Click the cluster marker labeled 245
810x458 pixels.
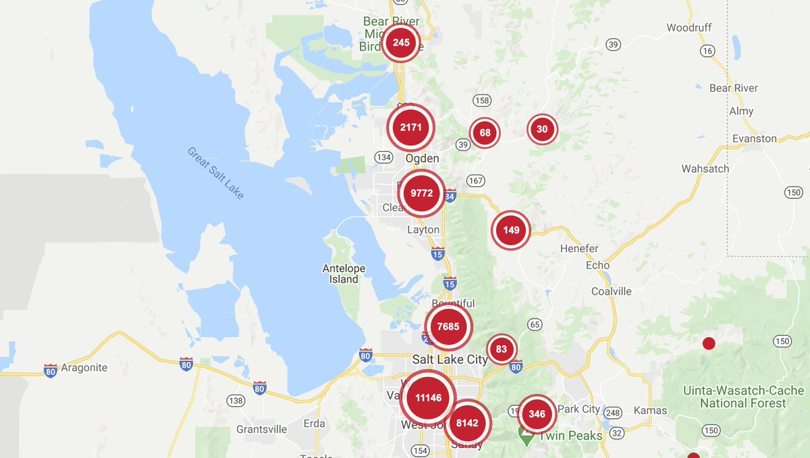(x=401, y=43)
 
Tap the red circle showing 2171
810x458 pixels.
(x=410, y=127)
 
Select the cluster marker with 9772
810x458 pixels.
(x=422, y=194)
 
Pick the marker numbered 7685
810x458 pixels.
(x=448, y=327)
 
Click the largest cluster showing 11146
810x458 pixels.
(x=429, y=398)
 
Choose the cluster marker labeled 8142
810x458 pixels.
(x=467, y=423)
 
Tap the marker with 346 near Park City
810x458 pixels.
(x=537, y=414)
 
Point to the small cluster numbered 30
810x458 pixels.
(x=542, y=130)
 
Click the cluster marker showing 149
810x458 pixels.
(x=511, y=231)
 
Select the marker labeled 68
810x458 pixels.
(x=485, y=133)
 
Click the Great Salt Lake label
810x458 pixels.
(x=216, y=173)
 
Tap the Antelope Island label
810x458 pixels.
(x=344, y=274)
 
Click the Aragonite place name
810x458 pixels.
(x=84, y=368)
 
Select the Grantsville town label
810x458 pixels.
(x=262, y=430)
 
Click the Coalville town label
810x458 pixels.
(x=612, y=291)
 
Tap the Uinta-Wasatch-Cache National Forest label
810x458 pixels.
(x=743, y=397)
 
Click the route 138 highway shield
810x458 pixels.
(x=236, y=401)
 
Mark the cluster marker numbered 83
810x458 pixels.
(x=502, y=349)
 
